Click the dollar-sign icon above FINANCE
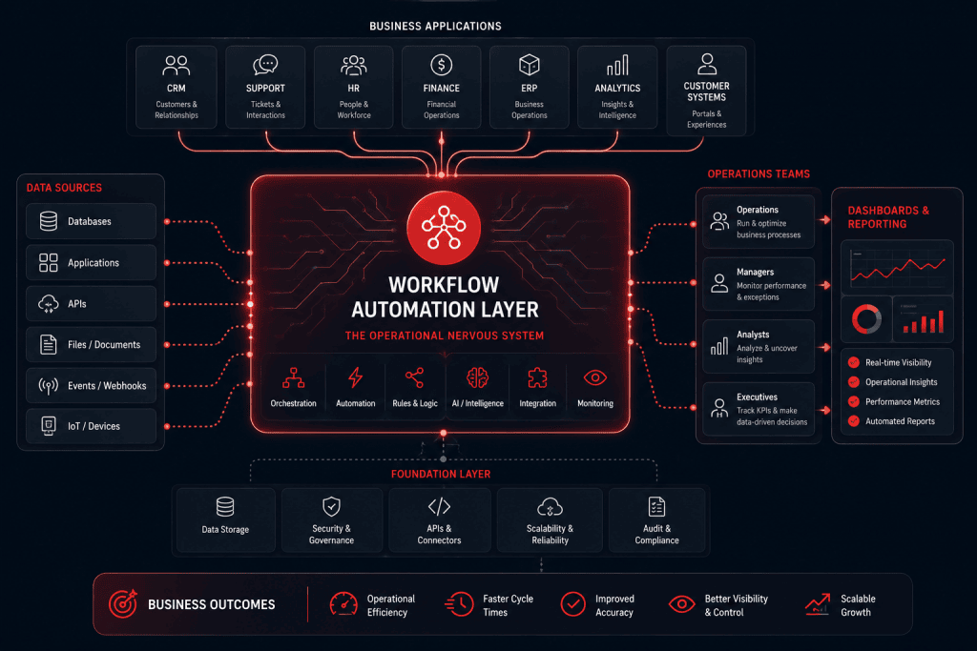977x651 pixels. pyautogui.click(x=441, y=65)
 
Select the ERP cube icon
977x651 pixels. pyautogui.click(x=529, y=65)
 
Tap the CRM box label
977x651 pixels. pyautogui.click(x=177, y=89)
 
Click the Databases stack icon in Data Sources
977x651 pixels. pyautogui.click(x=49, y=221)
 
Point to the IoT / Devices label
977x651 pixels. pyautogui.click(x=94, y=426)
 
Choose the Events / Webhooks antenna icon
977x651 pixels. pyautogui.click(x=49, y=386)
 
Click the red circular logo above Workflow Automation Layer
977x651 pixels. pyautogui.click(x=444, y=228)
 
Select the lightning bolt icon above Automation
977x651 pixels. pyautogui.click(x=355, y=377)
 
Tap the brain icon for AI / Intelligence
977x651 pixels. pyautogui.click(x=477, y=377)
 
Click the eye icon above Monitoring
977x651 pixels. pyautogui.click(x=595, y=377)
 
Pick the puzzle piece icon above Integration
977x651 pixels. pyautogui.click(x=537, y=377)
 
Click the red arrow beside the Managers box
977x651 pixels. pyautogui.click(x=825, y=285)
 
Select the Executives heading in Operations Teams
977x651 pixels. pyautogui.click(x=757, y=397)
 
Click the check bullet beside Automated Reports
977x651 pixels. pyautogui.click(x=854, y=420)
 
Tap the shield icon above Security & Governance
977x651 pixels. pyautogui.click(x=331, y=507)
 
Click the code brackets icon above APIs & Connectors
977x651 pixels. pyautogui.click(x=439, y=507)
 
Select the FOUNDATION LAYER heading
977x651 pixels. pyautogui.click(x=441, y=475)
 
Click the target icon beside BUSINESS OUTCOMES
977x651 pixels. pyautogui.click(x=123, y=603)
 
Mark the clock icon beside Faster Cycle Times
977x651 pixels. pyautogui.click(x=460, y=603)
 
